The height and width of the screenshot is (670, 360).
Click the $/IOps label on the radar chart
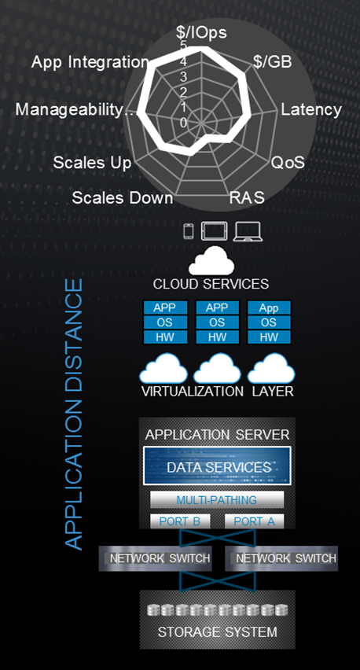[x=201, y=33]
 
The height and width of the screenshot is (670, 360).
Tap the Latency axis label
[x=311, y=110]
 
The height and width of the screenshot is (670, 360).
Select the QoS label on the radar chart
[x=288, y=162]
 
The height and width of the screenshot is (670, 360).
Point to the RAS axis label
[x=247, y=198]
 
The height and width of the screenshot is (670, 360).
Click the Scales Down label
[x=123, y=198]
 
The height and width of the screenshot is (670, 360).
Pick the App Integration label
[x=90, y=62]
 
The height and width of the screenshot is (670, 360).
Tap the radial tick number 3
[x=183, y=77]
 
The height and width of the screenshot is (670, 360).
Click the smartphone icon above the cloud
[x=189, y=232]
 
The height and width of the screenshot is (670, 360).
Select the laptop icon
[x=248, y=232]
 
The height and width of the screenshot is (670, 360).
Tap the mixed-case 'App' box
[x=269, y=307]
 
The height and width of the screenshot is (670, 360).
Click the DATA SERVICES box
[x=217, y=466]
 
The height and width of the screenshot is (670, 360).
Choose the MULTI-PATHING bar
[x=217, y=500]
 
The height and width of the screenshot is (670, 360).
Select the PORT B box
[x=180, y=521]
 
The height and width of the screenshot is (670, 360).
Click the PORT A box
[x=254, y=521]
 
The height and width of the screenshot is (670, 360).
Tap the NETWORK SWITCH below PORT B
[x=156, y=558]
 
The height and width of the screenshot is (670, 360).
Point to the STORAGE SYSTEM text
[x=218, y=632]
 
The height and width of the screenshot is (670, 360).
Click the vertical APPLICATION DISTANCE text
[x=73, y=414]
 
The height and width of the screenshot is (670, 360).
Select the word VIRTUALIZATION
[x=193, y=392]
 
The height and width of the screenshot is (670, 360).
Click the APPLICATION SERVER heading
[x=218, y=435]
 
